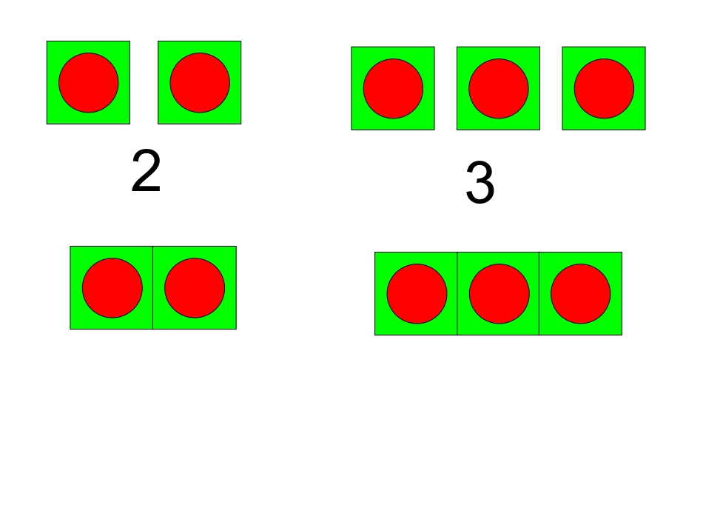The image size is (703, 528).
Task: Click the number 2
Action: (147, 171)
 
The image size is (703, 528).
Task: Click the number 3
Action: (480, 183)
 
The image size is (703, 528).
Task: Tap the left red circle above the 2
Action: (89, 82)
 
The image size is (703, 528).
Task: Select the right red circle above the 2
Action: (200, 82)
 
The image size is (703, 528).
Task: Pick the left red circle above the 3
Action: (393, 88)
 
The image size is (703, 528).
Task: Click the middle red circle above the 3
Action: (499, 88)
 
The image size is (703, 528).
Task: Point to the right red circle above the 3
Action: (604, 88)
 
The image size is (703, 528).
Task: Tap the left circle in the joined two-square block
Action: (112, 288)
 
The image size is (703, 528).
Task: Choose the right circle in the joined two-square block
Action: (195, 288)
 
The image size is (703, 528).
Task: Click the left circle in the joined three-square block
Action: (417, 294)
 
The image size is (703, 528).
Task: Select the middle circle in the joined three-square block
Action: (499, 294)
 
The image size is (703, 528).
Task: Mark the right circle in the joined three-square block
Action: (581, 294)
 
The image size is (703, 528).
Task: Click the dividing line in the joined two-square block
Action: (153, 287)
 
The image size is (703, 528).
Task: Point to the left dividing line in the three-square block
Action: (457, 293)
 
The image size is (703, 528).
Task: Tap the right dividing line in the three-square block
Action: (539, 293)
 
